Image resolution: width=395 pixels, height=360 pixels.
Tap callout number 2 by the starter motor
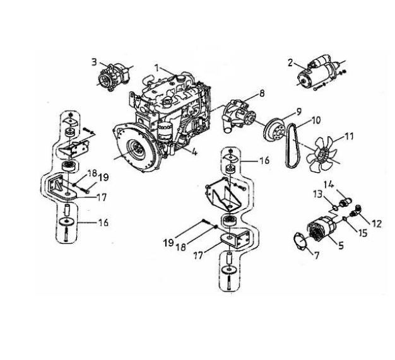coord(291,62)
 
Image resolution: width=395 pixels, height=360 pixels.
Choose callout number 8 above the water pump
coord(262,93)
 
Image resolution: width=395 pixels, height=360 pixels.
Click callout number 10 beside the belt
coord(316,119)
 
